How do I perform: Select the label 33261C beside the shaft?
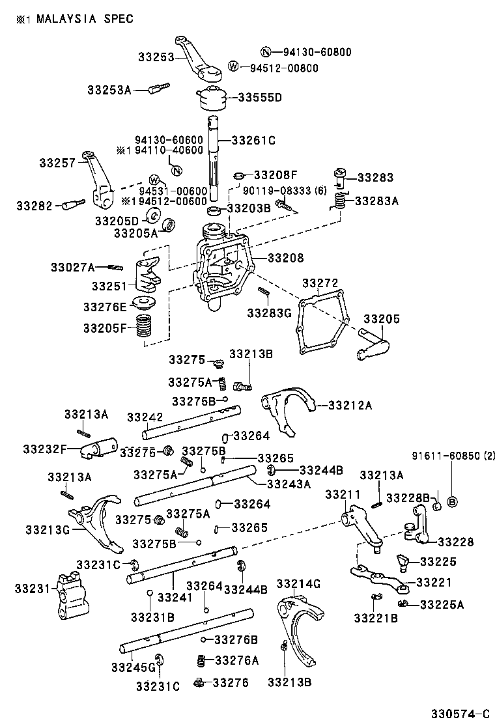[253, 140]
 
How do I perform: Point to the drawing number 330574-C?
[459, 712]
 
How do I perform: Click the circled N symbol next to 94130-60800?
[265, 52]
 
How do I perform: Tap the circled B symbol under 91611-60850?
[453, 501]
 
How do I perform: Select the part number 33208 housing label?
[285, 258]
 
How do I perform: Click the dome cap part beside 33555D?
[212, 99]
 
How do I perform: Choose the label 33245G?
[133, 667]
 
